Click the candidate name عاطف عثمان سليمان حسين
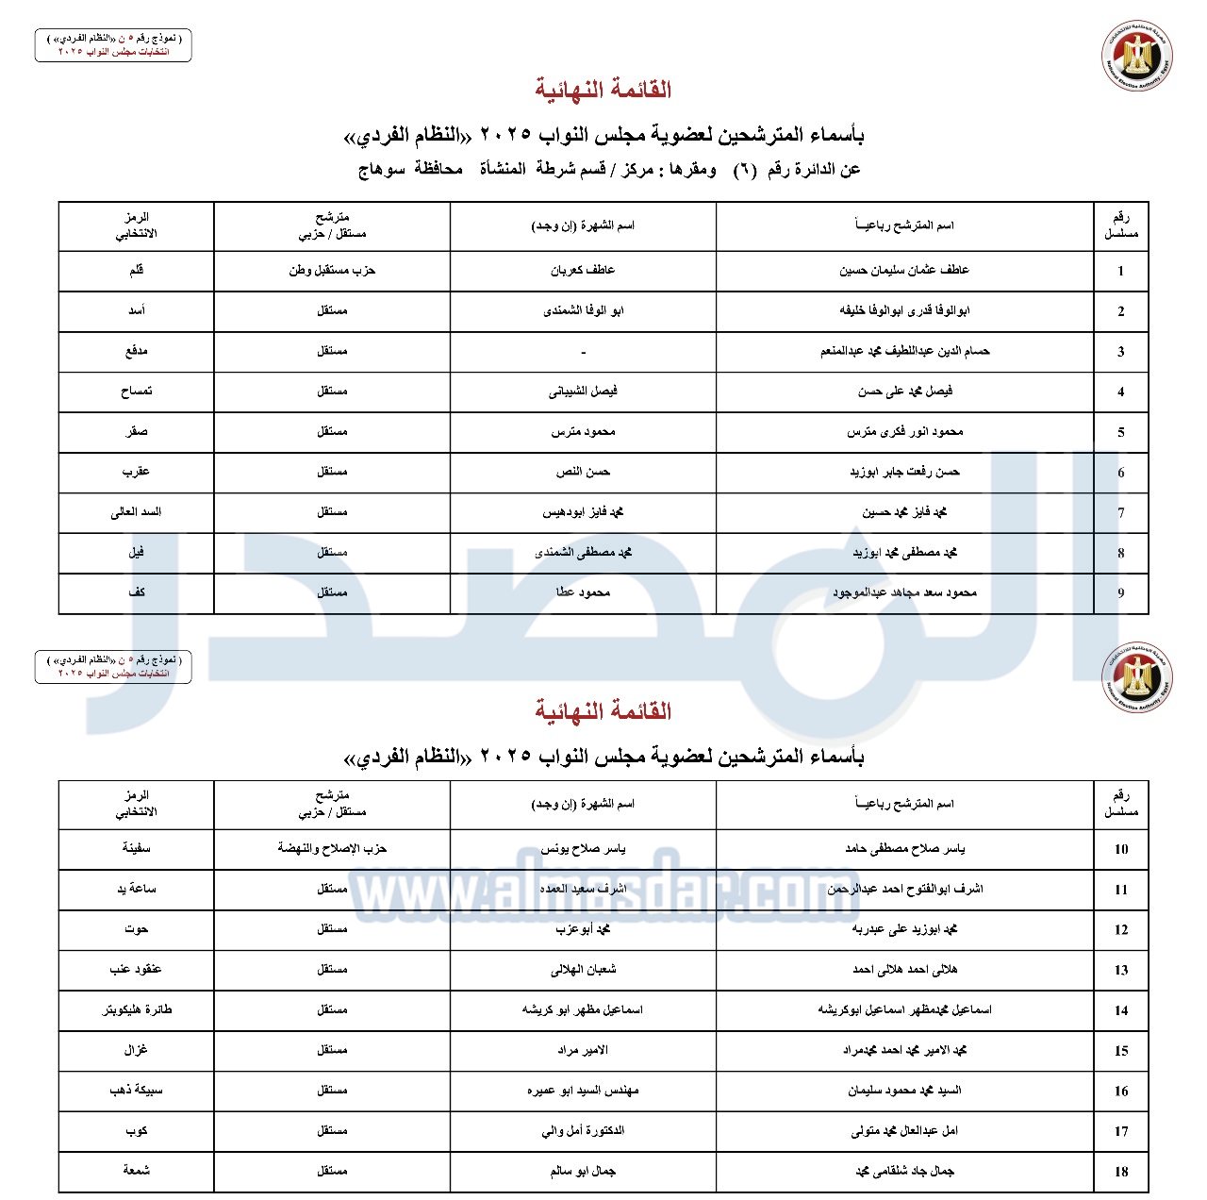903,271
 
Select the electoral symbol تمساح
136,391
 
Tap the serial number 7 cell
1120,512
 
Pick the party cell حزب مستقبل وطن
332,271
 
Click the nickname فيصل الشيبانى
583,391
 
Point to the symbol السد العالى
136,512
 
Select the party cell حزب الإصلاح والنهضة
332,848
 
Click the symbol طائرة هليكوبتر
137,1009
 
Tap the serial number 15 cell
1120,1050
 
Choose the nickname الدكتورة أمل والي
583,1130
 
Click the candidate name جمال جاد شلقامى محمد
903,1171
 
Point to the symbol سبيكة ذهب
136,1090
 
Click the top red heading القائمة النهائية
603,90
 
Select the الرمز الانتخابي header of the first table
136,225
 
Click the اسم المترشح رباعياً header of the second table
903,804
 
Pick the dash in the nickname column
583,352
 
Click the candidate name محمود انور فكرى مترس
903,431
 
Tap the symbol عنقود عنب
136,969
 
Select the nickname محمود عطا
583,592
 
